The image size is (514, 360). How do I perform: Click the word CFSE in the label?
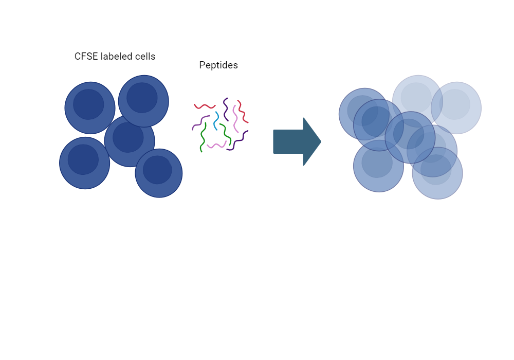point(86,57)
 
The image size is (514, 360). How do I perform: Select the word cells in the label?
point(144,57)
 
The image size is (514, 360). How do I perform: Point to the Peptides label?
point(218,65)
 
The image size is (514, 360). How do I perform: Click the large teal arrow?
point(297,141)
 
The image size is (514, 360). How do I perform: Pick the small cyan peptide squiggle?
point(216,121)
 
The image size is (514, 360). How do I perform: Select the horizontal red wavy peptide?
point(205,106)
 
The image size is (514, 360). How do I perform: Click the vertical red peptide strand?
point(243,112)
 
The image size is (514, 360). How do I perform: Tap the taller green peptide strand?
point(203,137)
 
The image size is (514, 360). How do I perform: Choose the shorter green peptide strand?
point(226,134)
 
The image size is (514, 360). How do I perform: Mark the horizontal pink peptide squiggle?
point(217,145)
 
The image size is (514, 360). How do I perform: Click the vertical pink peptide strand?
point(235,119)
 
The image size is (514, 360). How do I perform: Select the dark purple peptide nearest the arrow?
point(237,141)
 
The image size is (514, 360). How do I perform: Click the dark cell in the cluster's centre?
point(129,141)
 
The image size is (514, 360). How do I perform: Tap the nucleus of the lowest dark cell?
point(157,170)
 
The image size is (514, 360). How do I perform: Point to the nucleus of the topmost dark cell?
point(142,98)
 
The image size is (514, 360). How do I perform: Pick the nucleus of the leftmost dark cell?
point(83,159)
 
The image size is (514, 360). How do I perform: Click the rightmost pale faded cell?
point(456,108)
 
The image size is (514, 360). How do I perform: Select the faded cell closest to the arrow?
point(364,114)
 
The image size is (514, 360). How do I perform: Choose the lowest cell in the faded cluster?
point(437,173)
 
